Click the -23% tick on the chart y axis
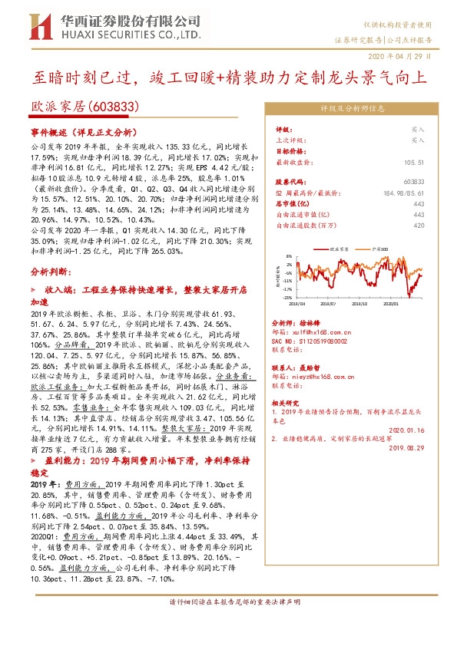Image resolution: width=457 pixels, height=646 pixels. [287, 297]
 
